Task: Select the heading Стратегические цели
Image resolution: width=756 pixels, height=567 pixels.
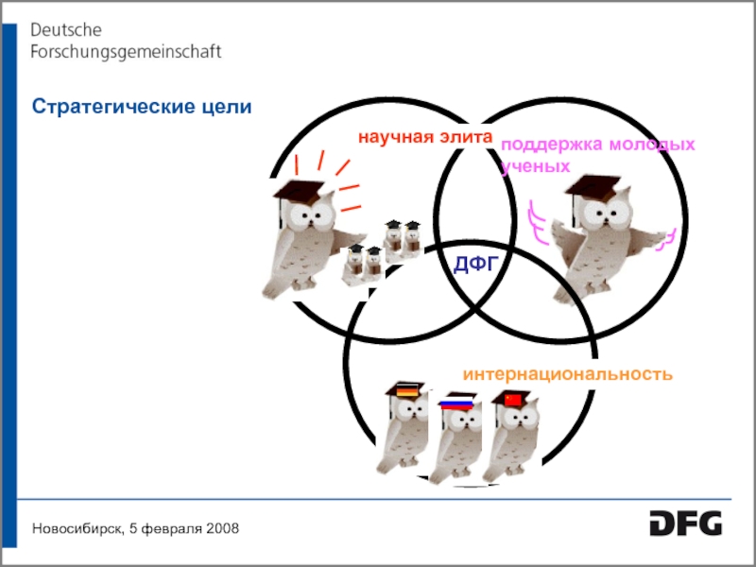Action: click(x=142, y=106)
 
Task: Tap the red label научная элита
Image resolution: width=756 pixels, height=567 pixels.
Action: click(x=425, y=138)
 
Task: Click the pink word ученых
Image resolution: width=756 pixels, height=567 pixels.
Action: click(x=536, y=166)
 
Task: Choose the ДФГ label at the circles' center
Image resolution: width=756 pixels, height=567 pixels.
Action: click(x=474, y=264)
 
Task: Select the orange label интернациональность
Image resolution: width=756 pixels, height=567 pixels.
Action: click(x=567, y=373)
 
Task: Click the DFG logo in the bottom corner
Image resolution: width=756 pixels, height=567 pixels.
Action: click(x=685, y=523)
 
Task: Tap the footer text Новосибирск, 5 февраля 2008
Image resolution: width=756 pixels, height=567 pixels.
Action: click(x=135, y=526)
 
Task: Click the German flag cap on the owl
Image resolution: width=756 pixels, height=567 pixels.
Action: click(x=408, y=389)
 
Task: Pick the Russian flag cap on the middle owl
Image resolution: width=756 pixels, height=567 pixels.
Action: click(x=456, y=404)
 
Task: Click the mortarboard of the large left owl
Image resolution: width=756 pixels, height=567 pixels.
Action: click(x=301, y=191)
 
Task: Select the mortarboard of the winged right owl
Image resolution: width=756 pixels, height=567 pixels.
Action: click(x=591, y=187)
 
